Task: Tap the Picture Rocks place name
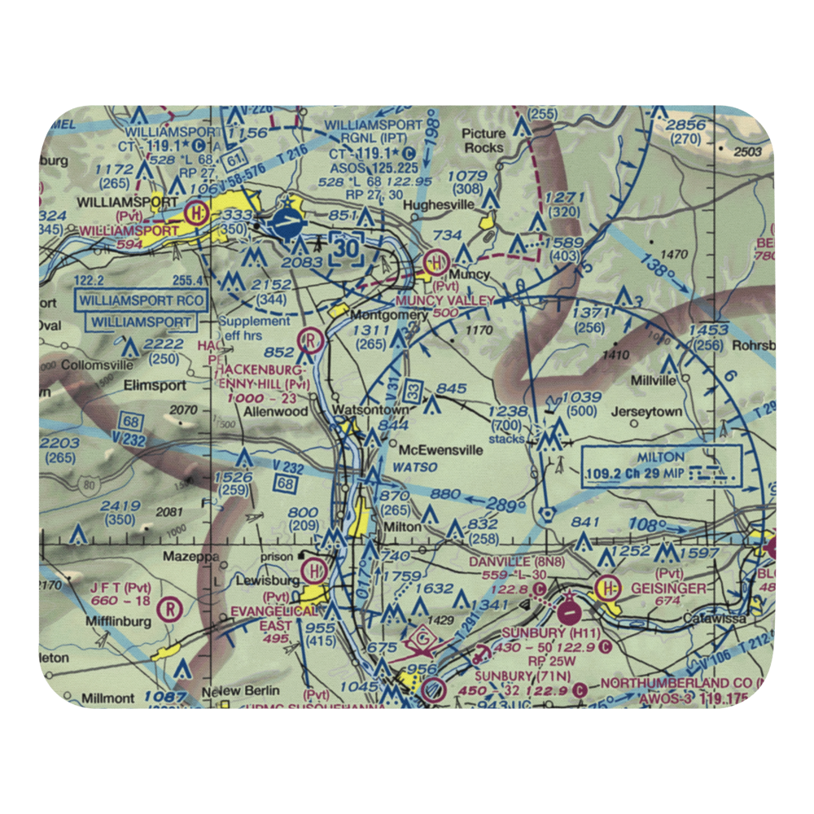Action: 484,141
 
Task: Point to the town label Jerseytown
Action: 650,412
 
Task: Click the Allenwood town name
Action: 277,412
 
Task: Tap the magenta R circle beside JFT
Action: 170,608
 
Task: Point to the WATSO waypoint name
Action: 414,467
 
